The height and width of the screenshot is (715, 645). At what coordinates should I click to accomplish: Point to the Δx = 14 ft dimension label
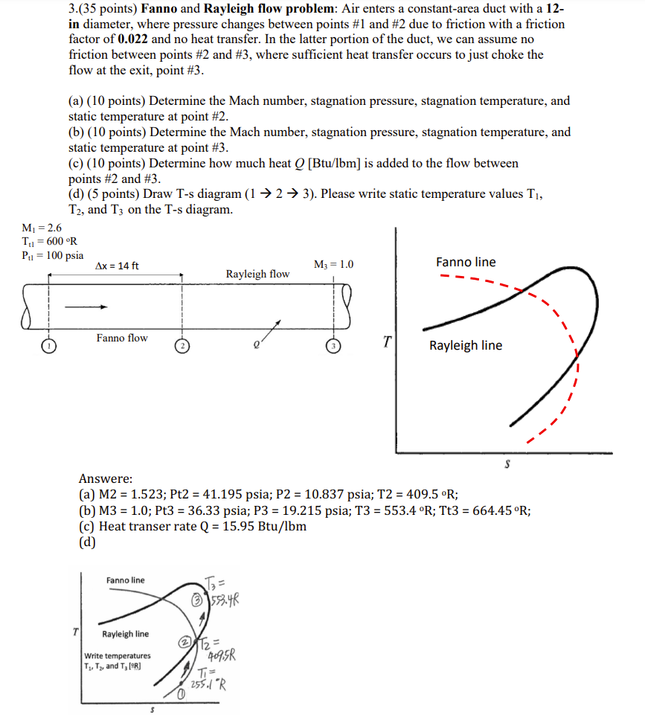(x=118, y=266)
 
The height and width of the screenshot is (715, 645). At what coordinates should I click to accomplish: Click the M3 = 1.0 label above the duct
(x=334, y=264)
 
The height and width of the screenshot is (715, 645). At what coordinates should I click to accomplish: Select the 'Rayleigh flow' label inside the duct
(x=257, y=274)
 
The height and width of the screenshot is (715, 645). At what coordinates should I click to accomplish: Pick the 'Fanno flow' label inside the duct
(x=122, y=338)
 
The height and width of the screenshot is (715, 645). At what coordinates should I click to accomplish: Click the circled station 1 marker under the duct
(x=49, y=346)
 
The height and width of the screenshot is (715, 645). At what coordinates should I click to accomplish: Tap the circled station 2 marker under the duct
(x=182, y=346)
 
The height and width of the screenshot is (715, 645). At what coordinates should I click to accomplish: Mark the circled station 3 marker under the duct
(x=334, y=346)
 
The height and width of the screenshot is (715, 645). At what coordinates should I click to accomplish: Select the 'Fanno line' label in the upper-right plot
(x=466, y=262)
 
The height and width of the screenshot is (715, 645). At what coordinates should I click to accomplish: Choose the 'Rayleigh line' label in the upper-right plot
(x=466, y=345)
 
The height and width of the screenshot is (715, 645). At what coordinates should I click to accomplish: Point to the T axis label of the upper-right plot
(x=387, y=342)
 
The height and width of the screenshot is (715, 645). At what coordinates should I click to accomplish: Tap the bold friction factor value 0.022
(x=134, y=39)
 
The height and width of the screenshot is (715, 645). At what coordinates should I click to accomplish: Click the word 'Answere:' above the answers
(x=106, y=478)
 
